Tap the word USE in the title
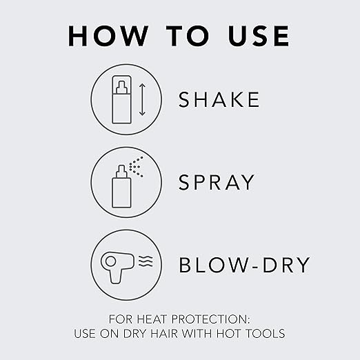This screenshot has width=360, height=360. (259, 36)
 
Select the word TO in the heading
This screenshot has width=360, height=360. (188, 36)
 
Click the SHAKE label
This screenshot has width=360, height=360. (219, 99)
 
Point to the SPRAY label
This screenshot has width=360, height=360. (217, 182)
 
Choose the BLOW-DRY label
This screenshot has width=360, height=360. (245, 265)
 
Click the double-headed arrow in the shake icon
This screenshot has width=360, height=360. (142, 99)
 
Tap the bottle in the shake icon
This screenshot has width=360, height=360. (122, 99)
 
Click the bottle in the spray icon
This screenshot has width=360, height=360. (121, 186)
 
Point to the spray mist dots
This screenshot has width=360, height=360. (137, 167)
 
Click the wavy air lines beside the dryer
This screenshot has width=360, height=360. (146, 261)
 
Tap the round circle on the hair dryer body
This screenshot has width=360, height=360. (110, 261)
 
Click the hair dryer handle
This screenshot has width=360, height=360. (117, 276)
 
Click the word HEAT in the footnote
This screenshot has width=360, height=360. (152, 319)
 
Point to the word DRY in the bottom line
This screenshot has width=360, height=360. (135, 334)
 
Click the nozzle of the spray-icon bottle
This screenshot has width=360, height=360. (121, 171)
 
